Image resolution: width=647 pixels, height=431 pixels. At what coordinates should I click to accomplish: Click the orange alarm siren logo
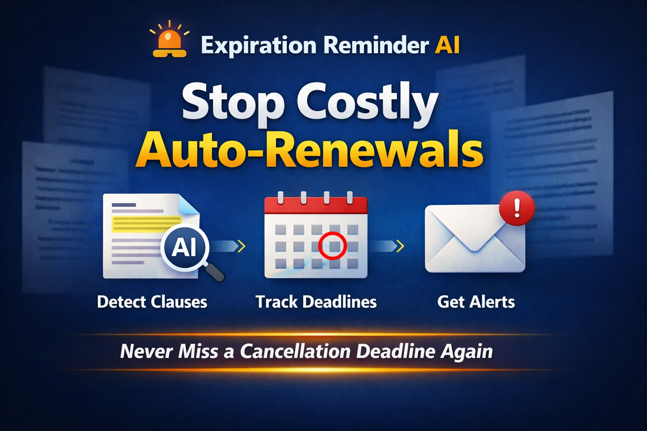tap(169, 42)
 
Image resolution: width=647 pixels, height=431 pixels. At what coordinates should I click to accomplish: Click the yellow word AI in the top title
tap(447, 45)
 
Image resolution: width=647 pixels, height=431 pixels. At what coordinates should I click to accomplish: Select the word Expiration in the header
tap(258, 45)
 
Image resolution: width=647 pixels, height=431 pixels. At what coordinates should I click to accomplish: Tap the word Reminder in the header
tap(376, 45)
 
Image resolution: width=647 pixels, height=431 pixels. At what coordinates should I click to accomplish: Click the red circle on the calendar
tap(332, 246)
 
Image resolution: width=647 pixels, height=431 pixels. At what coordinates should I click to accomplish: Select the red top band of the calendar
tap(315, 205)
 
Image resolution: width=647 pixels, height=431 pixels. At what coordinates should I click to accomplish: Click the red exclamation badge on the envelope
tap(516, 208)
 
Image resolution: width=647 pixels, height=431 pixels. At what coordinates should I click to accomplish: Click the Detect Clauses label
tap(152, 302)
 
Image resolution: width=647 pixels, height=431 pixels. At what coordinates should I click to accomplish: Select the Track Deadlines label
tap(316, 302)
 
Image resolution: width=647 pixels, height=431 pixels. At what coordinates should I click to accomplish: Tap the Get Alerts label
tap(476, 302)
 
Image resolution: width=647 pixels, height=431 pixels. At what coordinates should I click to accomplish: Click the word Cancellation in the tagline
tap(295, 351)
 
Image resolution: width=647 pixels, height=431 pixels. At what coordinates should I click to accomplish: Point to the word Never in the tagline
tap(146, 351)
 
